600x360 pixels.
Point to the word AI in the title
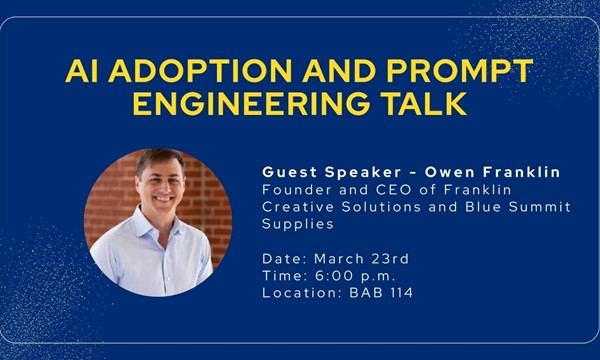coord(80,72)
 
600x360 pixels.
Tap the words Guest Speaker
coord(323,172)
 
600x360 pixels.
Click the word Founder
coord(292,189)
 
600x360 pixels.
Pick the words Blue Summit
coord(523,206)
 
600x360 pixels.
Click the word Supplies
coord(296,224)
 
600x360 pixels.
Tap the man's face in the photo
coord(161,190)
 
